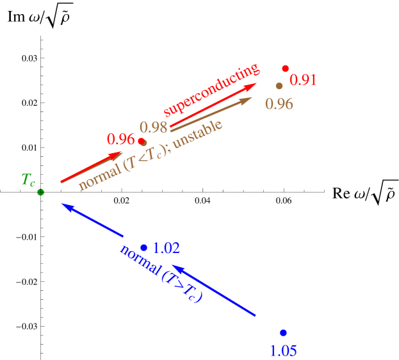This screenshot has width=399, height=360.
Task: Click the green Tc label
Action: (28, 180)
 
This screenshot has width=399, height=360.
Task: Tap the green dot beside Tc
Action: (40, 192)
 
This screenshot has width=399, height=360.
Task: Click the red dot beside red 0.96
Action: (142, 142)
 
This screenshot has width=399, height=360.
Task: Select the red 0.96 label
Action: (121, 139)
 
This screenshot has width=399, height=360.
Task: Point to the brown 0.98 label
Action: (154, 127)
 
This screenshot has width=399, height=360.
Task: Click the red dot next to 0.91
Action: (285, 68)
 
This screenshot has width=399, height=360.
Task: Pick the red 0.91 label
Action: (303, 80)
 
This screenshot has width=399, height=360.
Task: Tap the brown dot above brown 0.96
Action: (279, 86)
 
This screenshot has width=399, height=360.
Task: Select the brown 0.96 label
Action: (279, 104)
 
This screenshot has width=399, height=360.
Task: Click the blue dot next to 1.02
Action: (144, 247)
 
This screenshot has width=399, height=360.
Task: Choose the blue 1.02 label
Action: (167, 249)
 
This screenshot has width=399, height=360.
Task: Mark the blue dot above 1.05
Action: (283, 332)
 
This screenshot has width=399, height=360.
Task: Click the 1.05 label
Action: (283, 350)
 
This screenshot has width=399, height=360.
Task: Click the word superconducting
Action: (211, 90)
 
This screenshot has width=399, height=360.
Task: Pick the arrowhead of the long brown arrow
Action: (247, 100)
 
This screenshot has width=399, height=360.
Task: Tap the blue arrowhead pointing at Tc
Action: (67, 206)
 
